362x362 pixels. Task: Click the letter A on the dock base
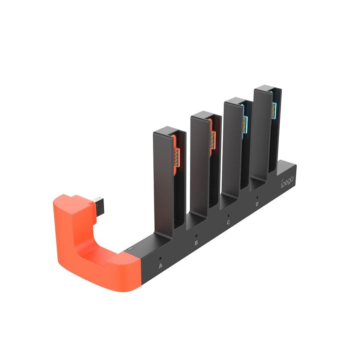(x=160, y=265)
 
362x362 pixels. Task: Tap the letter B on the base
(x=196, y=243)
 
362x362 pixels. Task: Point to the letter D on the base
(x=257, y=204)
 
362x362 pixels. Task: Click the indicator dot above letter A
(x=160, y=258)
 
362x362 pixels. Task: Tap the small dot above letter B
(x=196, y=236)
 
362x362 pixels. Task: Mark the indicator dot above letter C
(x=228, y=215)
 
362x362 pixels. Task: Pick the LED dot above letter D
(x=257, y=197)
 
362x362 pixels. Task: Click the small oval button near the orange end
(x=130, y=249)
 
